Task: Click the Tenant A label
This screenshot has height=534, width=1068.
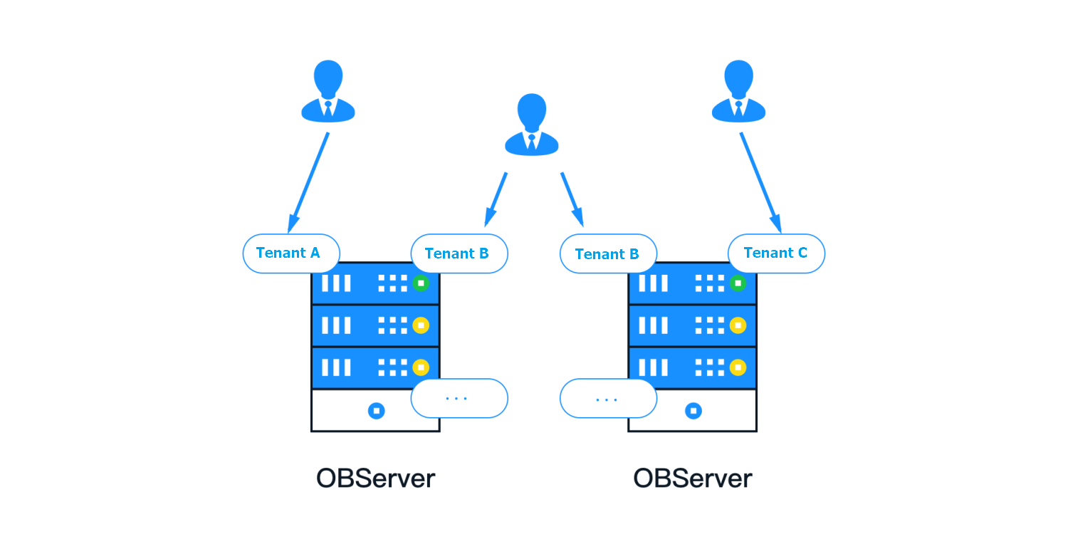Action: [x=290, y=253]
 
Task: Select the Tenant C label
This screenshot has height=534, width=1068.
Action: [x=776, y=253]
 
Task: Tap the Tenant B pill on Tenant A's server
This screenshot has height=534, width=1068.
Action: [x=459, y=253]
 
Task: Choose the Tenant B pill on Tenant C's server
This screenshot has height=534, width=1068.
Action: [x=608, y=254]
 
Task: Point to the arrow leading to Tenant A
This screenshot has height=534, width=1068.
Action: [x=308, y=182]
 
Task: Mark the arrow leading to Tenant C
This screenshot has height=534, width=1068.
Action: [x=760, y=182]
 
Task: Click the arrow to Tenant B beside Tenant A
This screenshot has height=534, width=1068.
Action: [x=496, y=199]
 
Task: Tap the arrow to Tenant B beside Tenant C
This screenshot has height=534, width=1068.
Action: [x=572, y=199]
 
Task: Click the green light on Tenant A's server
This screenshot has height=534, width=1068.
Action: [x=421, y=283]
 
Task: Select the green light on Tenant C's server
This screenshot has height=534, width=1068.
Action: [x=738, y=283]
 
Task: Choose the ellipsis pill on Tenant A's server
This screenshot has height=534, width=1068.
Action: [x=459, y=398]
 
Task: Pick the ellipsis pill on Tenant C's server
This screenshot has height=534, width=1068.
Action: [x=608, y=399]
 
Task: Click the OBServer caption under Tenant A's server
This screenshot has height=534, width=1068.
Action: [x=375, y=478]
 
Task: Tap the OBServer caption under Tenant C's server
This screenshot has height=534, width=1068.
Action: [x=693, y=478]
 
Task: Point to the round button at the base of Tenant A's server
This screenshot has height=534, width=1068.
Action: [x=376, y=411]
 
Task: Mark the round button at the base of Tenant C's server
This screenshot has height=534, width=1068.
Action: [x=693, y=411]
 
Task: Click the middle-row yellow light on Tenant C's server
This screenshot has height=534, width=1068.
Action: [x=738, y=325]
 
